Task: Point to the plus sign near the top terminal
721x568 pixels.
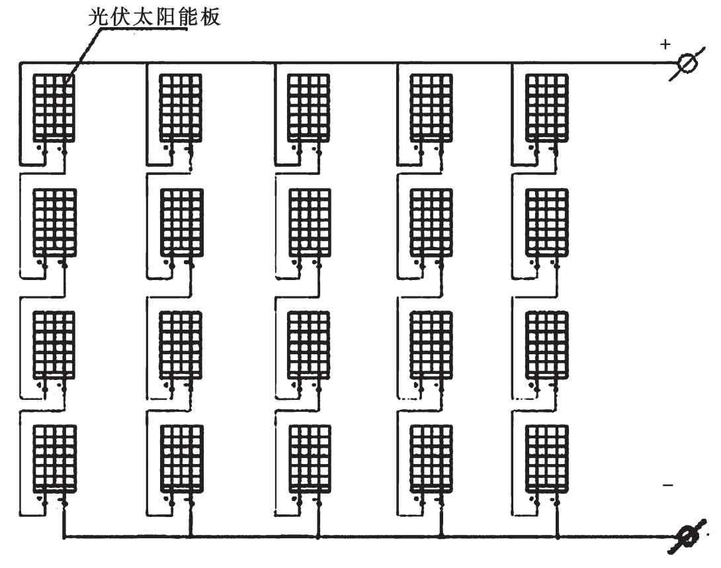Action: click(x=665, y=44)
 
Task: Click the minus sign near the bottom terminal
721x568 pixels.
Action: click(x=667, y=486)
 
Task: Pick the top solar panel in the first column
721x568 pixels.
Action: click(x=54, y=107)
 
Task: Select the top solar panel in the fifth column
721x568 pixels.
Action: click(x=546, y=107)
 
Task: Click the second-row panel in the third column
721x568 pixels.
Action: click(x=308, y=222)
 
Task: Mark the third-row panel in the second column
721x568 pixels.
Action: click(x=181, y=344)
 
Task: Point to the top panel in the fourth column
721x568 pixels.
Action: click(x=431, y=107)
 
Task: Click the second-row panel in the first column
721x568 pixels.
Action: click(x=54, y=222)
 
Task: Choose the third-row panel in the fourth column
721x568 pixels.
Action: click(x=431, y=344)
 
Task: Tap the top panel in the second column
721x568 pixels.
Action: click(x=181, y=107)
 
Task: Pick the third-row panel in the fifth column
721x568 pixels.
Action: click(x=546, y=344)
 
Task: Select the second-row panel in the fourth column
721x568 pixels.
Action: click(x=431, y=222)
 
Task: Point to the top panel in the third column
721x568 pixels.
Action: click(x=308, y=107)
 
